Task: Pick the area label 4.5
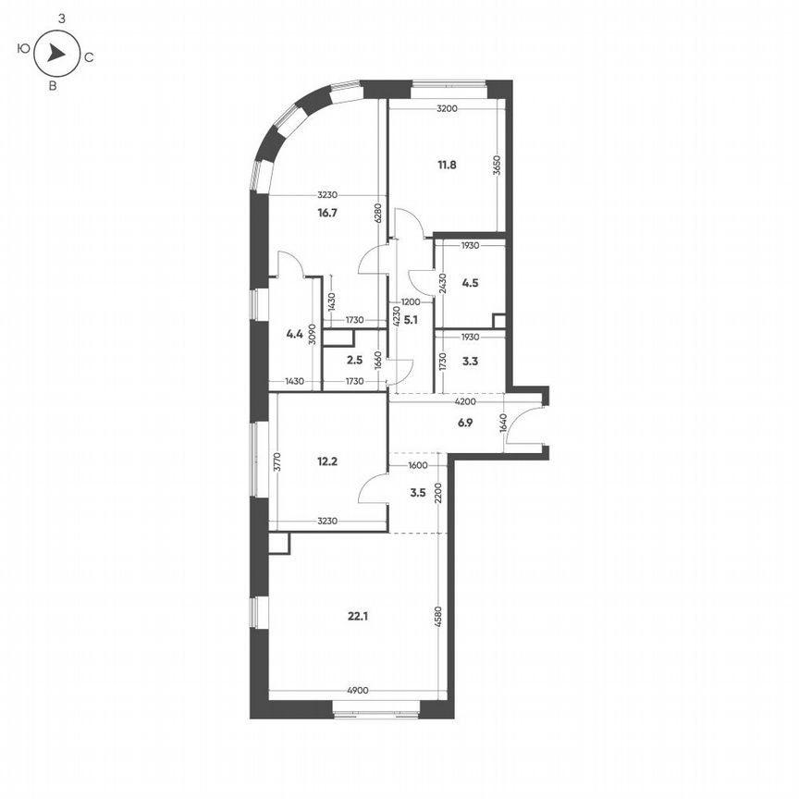coord(470,284)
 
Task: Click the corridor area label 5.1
coord(412,322)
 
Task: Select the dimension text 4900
coord(360,690)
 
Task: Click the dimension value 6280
coord(377,215)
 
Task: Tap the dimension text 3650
coord(497,166)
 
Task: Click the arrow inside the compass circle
coord(56,55)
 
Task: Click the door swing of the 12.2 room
coord(374,486)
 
